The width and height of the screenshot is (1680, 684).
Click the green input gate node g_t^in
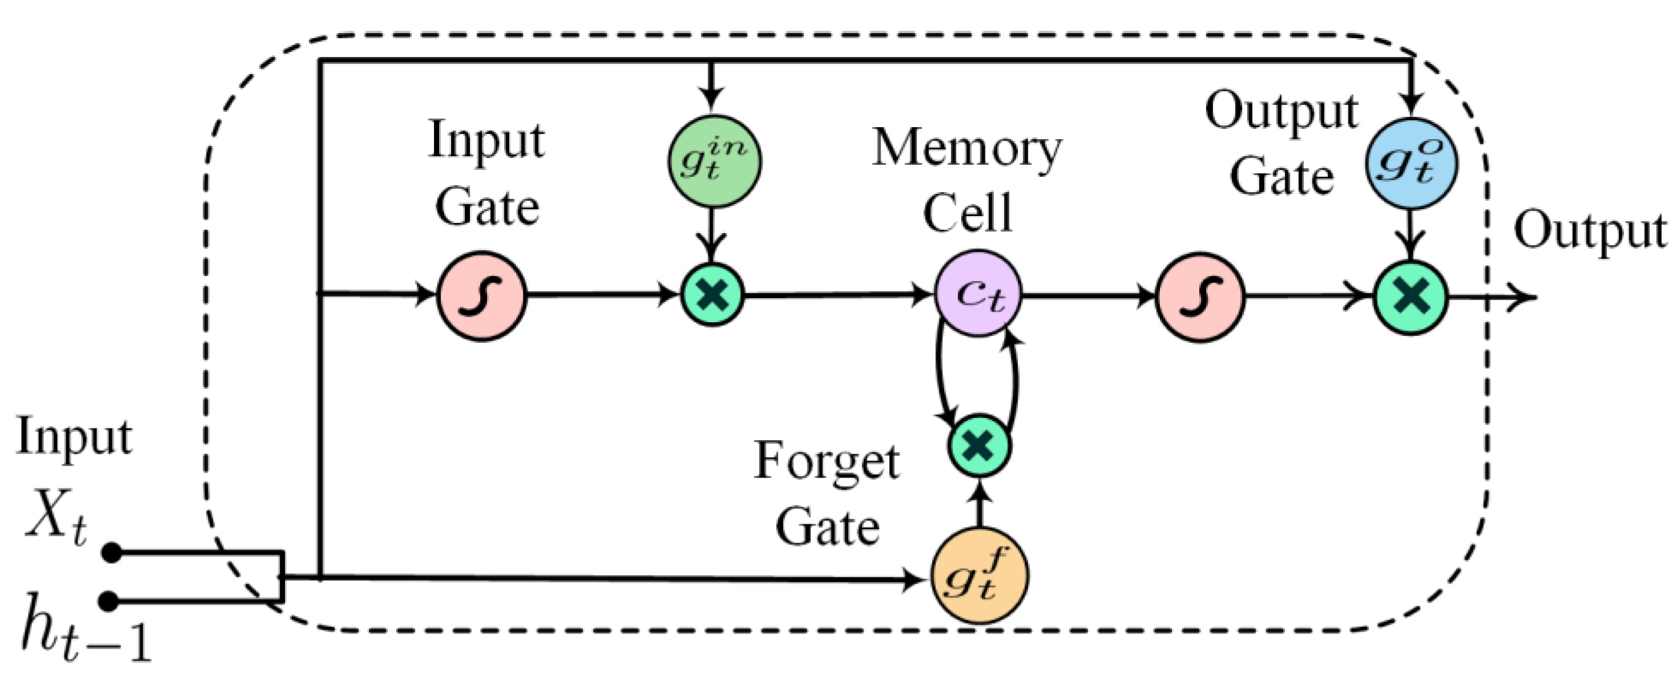tap(714, 161)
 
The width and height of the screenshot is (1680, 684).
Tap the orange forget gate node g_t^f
tap(980, 575)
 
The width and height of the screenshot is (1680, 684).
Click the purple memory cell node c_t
tap(978, 294)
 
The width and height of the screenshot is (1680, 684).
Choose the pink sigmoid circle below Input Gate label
tap(481, 296)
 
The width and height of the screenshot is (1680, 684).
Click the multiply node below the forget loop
tap(979, 446)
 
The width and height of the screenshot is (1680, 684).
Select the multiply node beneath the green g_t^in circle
tap(713, 294)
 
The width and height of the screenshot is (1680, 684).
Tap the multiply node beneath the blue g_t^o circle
tap(1411, 298)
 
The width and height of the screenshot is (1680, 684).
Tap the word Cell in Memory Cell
tap(968, 212)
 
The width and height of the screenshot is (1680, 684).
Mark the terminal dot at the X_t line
tap(112, 553)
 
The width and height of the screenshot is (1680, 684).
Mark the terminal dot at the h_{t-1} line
tap(110, 601)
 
